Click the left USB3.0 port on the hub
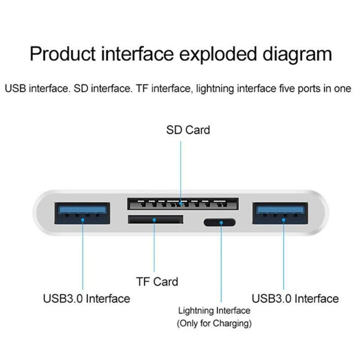coord(82,213)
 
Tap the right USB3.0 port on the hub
coord(280,213)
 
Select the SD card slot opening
coord(183,204)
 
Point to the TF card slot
coord(155,220)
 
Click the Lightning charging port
coord(220,222)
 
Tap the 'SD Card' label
coord(188,130)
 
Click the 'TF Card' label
coord(157,282)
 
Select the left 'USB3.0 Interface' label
coord(86,299)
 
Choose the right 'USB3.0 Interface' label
coord(295,299)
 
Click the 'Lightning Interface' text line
coord(214,311)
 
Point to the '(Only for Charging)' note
coord(214,323)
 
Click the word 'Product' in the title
coord(63,54)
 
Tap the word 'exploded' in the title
coord(218,55)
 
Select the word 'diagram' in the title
coord(297,55)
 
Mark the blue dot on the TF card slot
coord(154,220)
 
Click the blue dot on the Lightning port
coord(221,222)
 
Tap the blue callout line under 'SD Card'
coord(181,172)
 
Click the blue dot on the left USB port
coord(83,220)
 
